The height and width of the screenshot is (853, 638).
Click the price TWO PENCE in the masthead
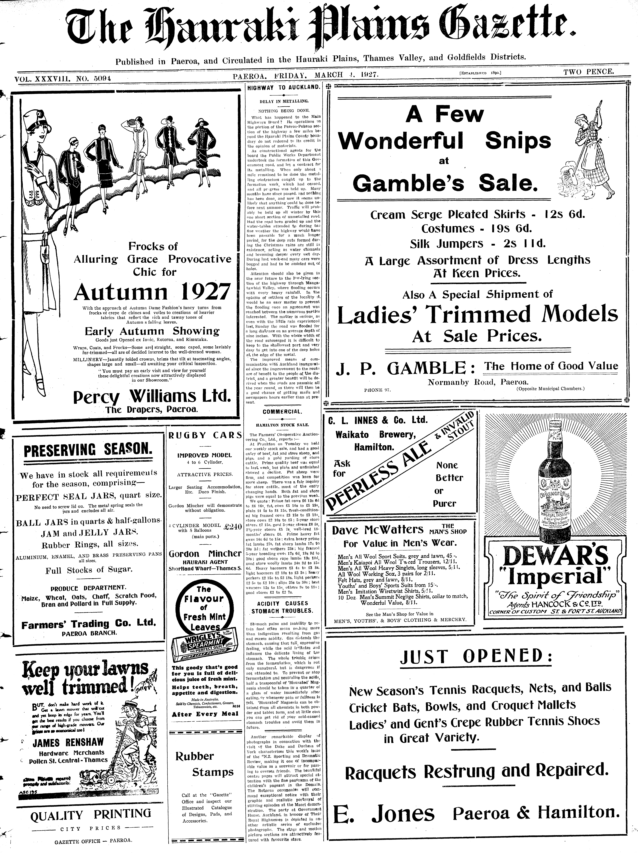[588, 72]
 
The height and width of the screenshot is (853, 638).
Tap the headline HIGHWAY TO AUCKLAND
[283, 87]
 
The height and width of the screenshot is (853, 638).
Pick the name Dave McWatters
[377, 530]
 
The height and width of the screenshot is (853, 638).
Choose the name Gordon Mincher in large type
[205, 553]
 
